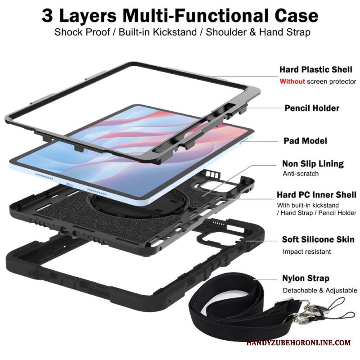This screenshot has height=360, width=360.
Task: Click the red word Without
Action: pos(292,81)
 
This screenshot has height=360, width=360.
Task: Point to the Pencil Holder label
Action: pos(311,108)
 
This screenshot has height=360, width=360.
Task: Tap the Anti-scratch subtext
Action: pos(300,174)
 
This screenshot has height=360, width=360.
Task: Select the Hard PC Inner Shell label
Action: pos(316,195)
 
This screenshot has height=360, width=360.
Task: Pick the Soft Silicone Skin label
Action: pos(318,239)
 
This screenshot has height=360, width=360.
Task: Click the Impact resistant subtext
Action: pos(306,252)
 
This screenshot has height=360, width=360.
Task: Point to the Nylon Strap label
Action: pos(306,278)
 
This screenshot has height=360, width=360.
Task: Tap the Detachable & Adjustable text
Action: pos(319,290)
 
